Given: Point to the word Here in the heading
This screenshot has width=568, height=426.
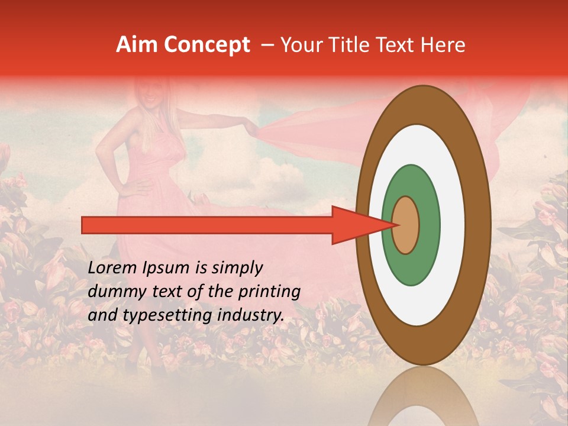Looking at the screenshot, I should pyautogui.click(x=443, y=45).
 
